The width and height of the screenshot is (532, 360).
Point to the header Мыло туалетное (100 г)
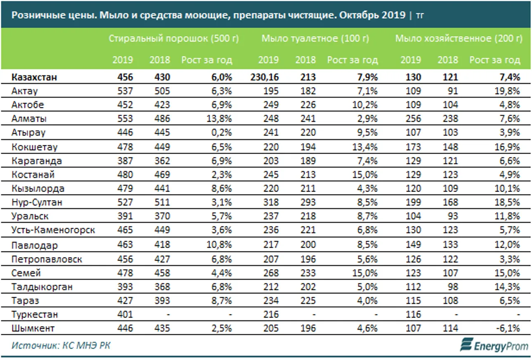pyautogui.click(x=315, y=39)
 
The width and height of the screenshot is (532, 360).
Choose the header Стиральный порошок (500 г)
pyautogui.click(x=174, y=39)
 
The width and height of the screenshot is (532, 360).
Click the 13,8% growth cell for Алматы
pyautogui.click(x=220, y=119)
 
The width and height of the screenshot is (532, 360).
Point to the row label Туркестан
pyautogui.click(x=35, y=314)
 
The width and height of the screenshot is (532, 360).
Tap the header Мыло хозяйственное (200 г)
pyautogui.click(x=459, y=39)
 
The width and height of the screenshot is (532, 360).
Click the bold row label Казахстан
pyautogui.click(x=34, y=77)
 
